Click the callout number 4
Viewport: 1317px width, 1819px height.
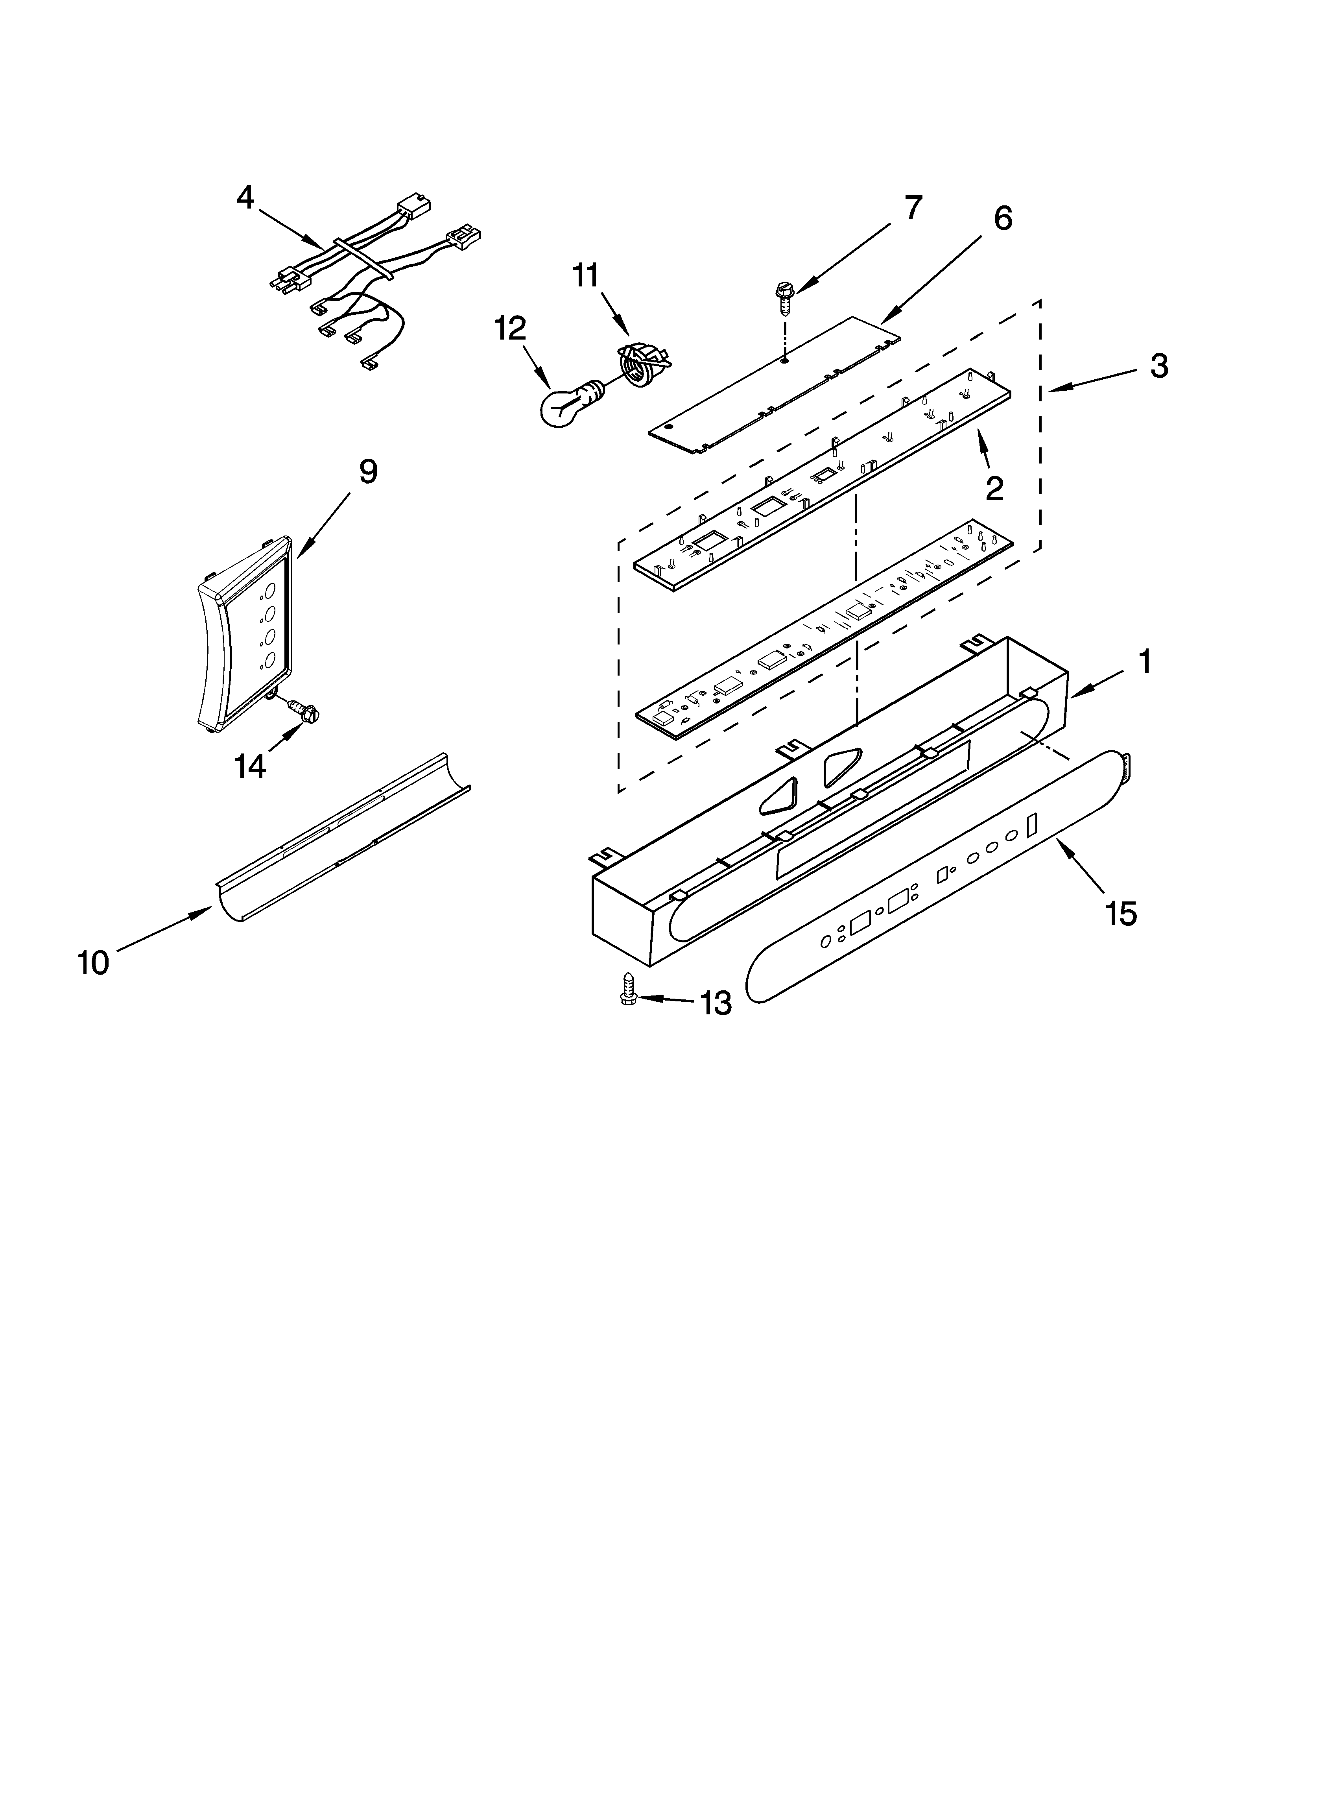point(245,197)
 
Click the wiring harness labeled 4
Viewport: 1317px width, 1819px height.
point(361,273)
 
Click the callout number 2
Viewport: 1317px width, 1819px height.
point(994,488)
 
